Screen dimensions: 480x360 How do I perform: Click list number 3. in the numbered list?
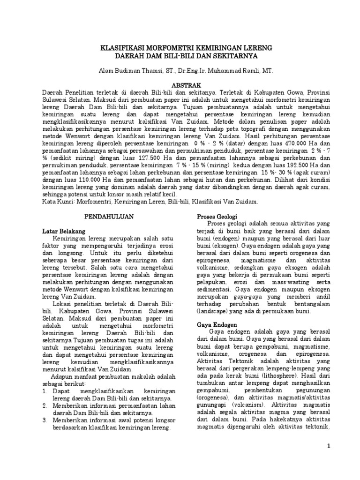pyautogui.click(x=45, y=421)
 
